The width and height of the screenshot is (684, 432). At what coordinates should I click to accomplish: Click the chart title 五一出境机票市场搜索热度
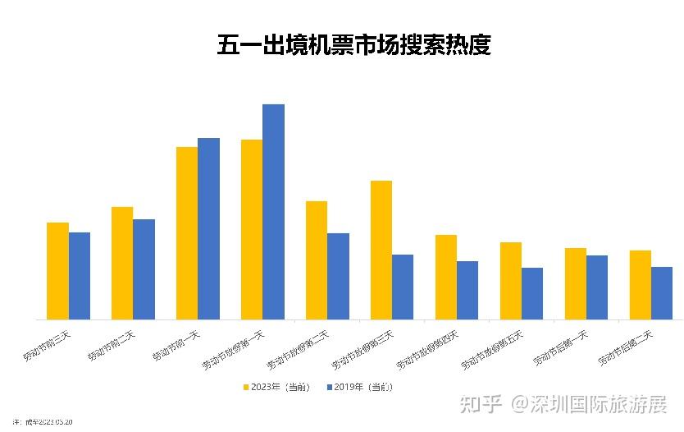pyautogui.click(x=353, y=45)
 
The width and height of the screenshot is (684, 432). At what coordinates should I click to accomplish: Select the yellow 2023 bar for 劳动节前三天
pyautogui.click(x=57, y=271)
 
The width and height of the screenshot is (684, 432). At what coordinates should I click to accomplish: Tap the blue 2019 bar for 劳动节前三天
pyautogui.click(x=80, y=276)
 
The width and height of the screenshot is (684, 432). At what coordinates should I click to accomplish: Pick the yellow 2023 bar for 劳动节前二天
pyautogui.click(x=122, y=263)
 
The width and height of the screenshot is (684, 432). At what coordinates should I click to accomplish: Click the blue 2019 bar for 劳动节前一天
pyautogui.click(x=209, y=228)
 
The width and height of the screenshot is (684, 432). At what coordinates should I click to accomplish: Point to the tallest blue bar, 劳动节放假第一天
pyautogui.click(x=273, y=212)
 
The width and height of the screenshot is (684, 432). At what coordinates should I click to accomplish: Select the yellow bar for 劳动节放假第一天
pyautogui.click(x=252, y=230)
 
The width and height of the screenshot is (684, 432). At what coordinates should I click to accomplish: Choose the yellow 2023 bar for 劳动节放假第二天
pyautogui.click(x=317, y=260)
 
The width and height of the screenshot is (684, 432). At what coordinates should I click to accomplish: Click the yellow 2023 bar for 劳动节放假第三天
pyautogui.click(x=381, y=250)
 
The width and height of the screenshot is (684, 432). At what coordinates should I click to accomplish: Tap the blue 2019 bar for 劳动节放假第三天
pyautogui.click(x=403, y=287)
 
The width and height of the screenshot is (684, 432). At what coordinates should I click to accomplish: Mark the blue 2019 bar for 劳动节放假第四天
pyautogui.click(x=467, y=290)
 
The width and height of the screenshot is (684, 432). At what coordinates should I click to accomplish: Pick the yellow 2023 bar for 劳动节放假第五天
pyautogui.click(x=511, y=281)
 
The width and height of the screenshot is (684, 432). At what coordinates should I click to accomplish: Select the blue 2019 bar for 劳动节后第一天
pyautogui.click(x=597, y=287)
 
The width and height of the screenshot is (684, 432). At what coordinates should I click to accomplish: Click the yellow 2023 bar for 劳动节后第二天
pyautogui.click(x=641, y=285)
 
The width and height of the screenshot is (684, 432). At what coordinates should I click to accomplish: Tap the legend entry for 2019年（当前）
pyautogui.click(x=360, y=387)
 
